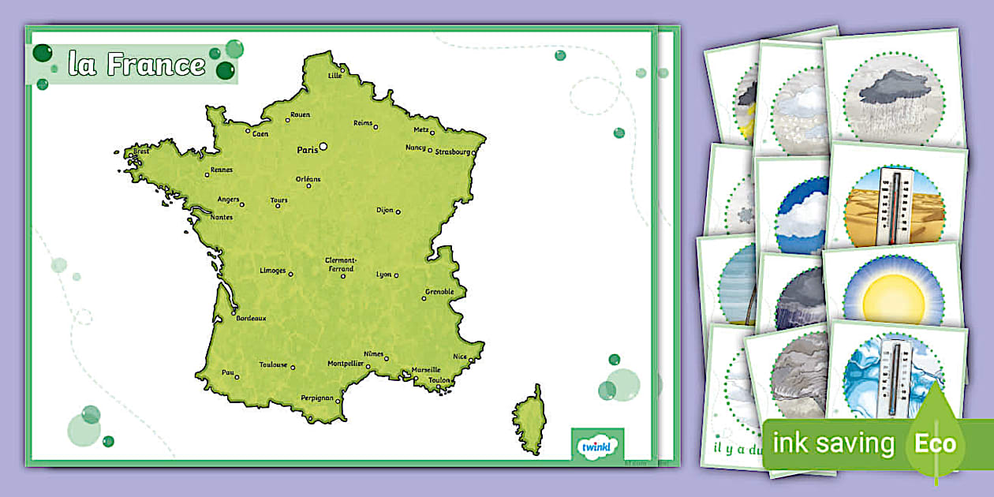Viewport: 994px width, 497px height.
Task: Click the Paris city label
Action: pyautogui.click(x=306, y=149)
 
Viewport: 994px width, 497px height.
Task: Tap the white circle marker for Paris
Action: pyautogui.click(x=323, y=146)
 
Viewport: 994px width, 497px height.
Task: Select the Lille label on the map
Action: pyautogui.click(x=334, y=76)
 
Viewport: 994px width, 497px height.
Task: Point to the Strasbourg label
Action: pyautogui.click(x=452, y=151)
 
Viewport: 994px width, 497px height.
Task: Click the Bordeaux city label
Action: pyautogui.click(x=251, y=319)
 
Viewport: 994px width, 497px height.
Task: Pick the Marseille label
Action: pyautogui.click(x=426, y=370)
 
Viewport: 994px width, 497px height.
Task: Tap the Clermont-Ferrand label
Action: pyautogui.click(x=341, y=264)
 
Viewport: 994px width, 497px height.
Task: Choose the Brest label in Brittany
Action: pyautogui.click(x=141, y=151)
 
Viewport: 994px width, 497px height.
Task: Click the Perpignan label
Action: pyautogui.click(x=317, y=398)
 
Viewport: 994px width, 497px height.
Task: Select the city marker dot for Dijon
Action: pyautogui.click(x=398, y=211)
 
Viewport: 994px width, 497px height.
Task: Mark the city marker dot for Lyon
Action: pyautogui.click(x=396, y=275)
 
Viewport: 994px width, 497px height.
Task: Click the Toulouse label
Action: pyautogui.click(x=273, y=365)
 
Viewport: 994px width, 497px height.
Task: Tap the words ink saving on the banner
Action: pyautogui.click(x=833, y=443)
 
